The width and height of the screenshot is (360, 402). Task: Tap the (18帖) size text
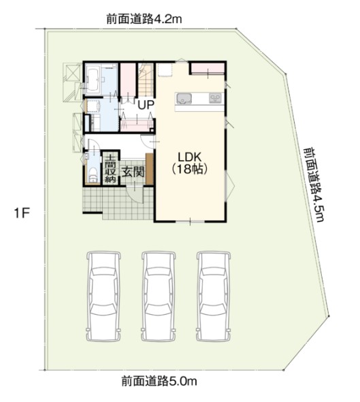190,168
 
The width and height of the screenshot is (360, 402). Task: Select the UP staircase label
145,105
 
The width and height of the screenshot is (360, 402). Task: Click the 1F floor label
22,214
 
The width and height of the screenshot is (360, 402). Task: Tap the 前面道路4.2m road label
144,20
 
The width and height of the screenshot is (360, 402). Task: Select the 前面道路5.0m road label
161,382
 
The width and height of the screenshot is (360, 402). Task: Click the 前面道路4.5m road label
313,184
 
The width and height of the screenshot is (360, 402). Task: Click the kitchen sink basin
186,100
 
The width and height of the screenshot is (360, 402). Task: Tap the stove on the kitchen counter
215,100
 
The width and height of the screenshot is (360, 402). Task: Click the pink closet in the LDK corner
206,69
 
